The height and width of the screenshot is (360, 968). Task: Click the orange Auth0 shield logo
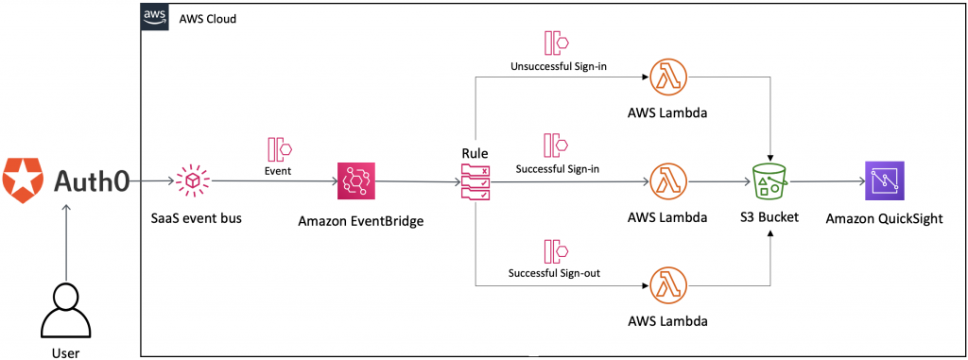click(x=22, y=180)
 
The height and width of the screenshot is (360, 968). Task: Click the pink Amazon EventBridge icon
click(x=356, y=180)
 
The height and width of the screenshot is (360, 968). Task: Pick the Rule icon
click(x=474, y=181)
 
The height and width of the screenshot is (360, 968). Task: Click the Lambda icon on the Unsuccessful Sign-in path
click(x=666, y=77)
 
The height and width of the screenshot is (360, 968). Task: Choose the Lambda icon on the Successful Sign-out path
click(x=666, y=284)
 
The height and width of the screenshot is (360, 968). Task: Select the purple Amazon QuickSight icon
click(x=885, y=180)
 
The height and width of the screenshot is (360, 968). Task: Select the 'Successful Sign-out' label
click(x=555, y=274)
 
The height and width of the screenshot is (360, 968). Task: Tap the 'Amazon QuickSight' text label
click(x=885, y=219)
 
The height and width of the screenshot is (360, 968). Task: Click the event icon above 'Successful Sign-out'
click(x=554, y=251)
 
